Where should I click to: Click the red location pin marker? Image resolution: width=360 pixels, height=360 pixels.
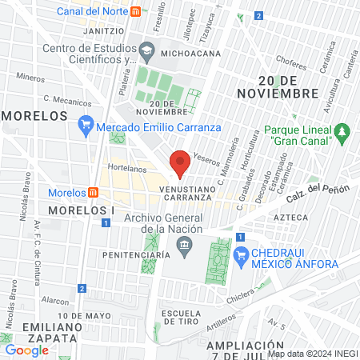[x=180, y=163]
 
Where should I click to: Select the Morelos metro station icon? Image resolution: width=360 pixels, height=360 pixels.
[x=94, y=192]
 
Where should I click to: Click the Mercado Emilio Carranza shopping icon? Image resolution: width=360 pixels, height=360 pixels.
[x=86, y=126]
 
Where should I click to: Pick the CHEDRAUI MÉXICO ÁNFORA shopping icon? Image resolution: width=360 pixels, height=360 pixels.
[x=241, y=254]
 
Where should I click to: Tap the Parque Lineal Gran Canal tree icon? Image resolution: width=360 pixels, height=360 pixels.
[x=342, y=130]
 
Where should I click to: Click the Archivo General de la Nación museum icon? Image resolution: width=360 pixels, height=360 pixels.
[x=185, y=244]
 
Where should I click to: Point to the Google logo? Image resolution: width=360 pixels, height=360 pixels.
[x=26, y=350]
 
